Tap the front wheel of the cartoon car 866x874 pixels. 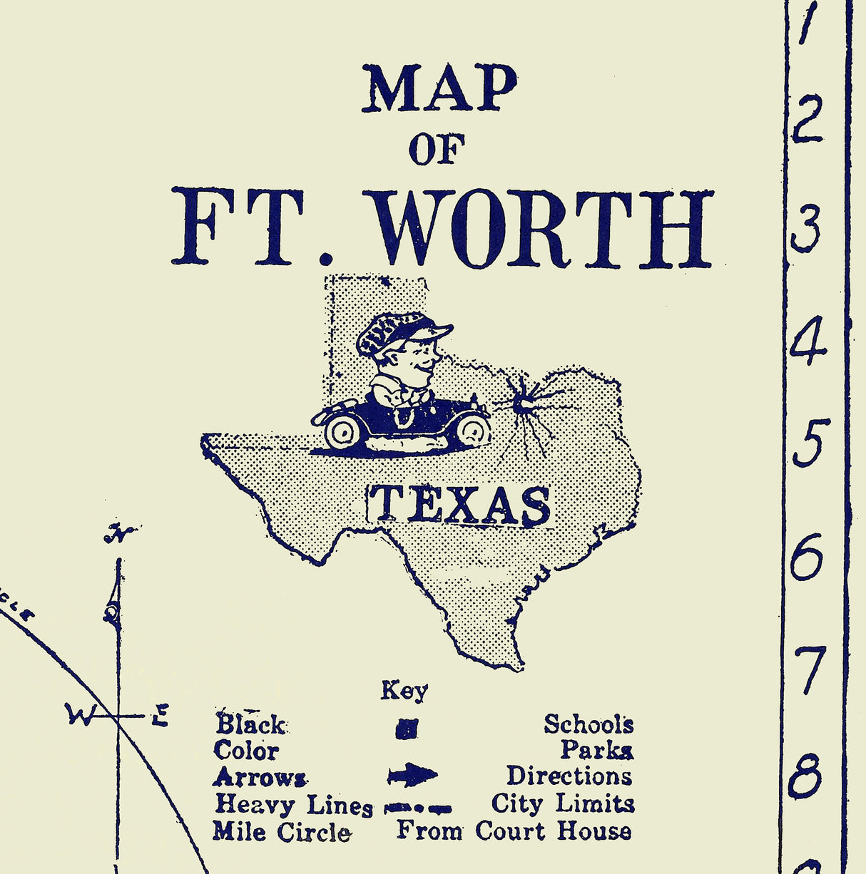point(472,429)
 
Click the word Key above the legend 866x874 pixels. point(404,690)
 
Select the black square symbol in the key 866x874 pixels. point(407,729)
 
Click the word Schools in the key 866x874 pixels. point(589,724)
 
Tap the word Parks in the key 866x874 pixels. point(596,750)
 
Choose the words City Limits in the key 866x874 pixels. point(563,804)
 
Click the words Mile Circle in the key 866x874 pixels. point(281,832)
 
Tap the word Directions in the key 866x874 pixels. point(569,776)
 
